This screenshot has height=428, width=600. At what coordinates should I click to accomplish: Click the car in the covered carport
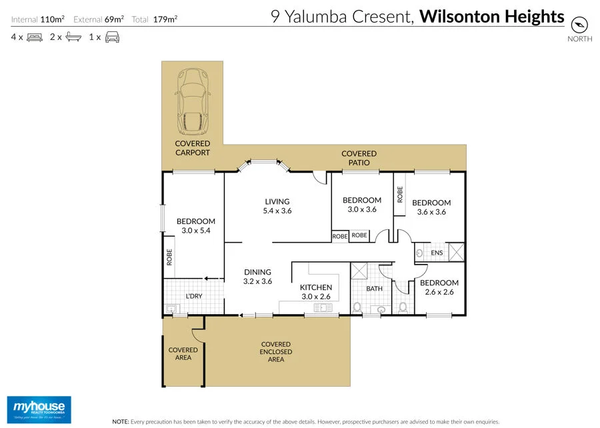[x=193, y=102]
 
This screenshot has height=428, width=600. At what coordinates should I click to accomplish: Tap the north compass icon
[x=579, y=25]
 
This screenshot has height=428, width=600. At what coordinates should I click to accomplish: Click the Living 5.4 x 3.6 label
[x=277, y=206]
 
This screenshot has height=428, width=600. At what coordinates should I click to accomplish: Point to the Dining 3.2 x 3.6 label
[x=257, y=277]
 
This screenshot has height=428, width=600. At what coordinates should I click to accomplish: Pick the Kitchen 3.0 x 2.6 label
[x=315, y=292]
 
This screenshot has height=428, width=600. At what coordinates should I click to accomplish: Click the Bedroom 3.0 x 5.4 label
[x=196, y=226]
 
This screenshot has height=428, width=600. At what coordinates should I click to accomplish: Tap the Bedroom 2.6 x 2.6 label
[x=439, y=287]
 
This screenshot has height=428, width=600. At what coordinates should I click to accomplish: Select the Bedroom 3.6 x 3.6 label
[x=431, y=207]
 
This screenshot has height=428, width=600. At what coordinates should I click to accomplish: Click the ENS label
[x=437, y=253]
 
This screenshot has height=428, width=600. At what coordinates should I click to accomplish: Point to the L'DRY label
[x=194, y=296]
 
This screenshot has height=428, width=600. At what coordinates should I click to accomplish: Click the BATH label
[x=374, y=289]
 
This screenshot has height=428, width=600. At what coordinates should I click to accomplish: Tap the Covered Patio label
[x=359, y=158]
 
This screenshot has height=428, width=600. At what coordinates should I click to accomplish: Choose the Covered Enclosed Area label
[x=276, y=352]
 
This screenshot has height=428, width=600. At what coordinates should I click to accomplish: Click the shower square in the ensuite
[x=457, y=253]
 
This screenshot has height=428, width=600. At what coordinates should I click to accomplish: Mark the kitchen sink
[x=326, y=307]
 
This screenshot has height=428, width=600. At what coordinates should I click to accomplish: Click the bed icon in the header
[x=34, y=37]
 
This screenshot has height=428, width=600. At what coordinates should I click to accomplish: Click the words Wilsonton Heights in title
[x=491, y=17]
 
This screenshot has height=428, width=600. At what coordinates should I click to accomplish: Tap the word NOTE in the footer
[x=120, y=421]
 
